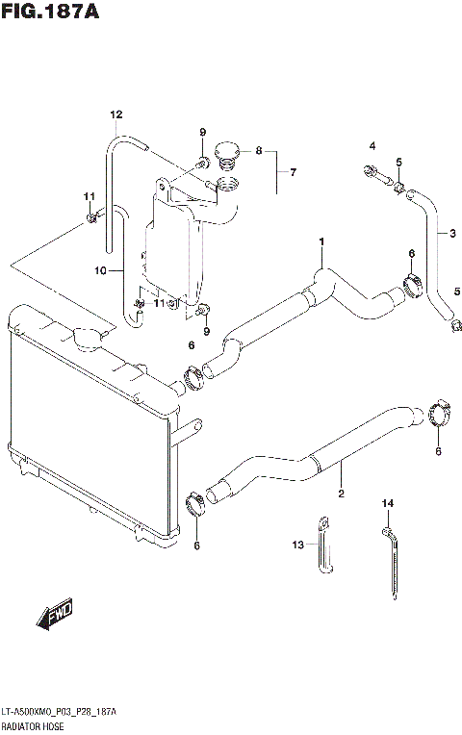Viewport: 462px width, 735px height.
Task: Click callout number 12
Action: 115,115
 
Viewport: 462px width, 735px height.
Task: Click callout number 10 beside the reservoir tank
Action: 99,270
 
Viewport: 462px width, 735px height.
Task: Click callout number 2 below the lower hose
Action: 340,495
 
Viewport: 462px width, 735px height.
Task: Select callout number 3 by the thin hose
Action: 452,233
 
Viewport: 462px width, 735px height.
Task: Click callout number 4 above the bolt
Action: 372,146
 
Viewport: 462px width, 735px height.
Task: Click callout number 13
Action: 297,545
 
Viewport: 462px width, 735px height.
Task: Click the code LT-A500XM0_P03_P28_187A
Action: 60,712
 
